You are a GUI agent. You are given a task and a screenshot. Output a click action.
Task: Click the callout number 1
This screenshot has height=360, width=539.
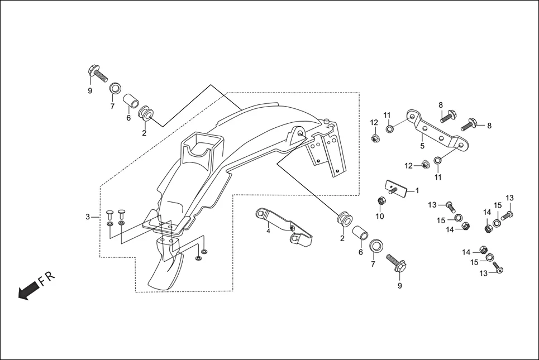coord(417,190)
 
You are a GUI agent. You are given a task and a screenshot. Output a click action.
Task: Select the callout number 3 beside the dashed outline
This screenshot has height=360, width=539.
coord(88,217)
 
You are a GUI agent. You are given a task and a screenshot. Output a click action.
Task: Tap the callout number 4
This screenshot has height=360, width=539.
coord(268,231)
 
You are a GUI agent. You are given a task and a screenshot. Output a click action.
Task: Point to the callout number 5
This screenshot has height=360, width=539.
coord(422,146)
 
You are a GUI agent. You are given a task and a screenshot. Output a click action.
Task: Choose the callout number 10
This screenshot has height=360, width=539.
coord(380,217)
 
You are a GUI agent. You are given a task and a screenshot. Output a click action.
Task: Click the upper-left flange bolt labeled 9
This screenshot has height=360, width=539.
coord(97,73)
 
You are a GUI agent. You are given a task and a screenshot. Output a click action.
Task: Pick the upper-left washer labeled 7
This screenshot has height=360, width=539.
coord(116,88)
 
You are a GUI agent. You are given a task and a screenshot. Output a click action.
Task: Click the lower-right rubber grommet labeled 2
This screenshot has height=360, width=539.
coord(342,219)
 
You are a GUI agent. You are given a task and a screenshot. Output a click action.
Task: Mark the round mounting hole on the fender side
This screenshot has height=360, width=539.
coord(299,133)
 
